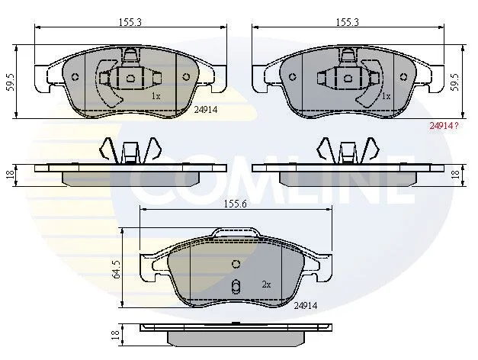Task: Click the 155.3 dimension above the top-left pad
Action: (130, 22)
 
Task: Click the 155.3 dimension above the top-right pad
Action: (348, 22)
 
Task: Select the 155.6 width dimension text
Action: (235, 204)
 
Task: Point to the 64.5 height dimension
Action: (116, 269)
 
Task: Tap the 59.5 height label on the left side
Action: (11, 82)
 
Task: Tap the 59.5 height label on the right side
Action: (455, 82)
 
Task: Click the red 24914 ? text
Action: (444, 125)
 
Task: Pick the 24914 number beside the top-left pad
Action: (206, 110)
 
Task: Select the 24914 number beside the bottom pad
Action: (306, 305)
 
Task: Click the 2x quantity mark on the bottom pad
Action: (266, 284)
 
